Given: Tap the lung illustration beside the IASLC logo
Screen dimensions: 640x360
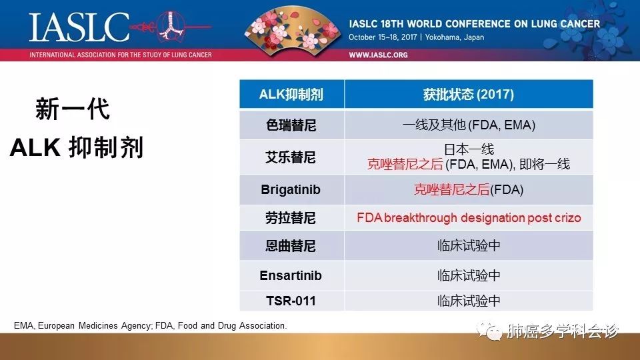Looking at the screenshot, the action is pos(171,25).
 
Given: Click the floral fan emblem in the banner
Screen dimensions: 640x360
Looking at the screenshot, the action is pos(292,28).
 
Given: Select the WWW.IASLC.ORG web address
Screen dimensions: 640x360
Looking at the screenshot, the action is pos(378,55).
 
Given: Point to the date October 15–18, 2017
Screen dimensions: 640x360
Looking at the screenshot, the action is pos(383,37).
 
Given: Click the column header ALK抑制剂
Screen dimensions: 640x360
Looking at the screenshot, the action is pos(291,94).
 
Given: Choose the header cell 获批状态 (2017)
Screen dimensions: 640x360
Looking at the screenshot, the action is pos(468,94).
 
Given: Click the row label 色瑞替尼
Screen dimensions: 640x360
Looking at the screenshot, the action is pos(291,125).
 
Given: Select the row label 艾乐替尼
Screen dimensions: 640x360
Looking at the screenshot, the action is pos(291,157).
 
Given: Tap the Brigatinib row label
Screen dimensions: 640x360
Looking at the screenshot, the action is pos(291,189).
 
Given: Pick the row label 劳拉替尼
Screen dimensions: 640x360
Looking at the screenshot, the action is pos(291,218).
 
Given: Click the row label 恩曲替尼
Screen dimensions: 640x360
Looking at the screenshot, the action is pos(291,246).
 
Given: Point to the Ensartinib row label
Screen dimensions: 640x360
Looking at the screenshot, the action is pos(291,275).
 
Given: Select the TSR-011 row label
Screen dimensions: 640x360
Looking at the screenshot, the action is pos(291,301).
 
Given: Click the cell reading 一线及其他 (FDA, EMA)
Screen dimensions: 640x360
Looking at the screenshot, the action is pos(469,125).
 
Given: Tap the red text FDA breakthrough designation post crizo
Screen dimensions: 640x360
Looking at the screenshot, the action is pos(469,218).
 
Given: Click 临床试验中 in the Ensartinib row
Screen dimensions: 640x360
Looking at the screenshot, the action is pos(469,275).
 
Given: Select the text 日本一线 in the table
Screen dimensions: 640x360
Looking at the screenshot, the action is pos(469,149).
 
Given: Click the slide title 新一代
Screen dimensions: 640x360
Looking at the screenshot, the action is pos(73,109).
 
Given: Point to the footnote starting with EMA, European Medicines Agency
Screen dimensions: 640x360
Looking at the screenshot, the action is pos(150,326).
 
